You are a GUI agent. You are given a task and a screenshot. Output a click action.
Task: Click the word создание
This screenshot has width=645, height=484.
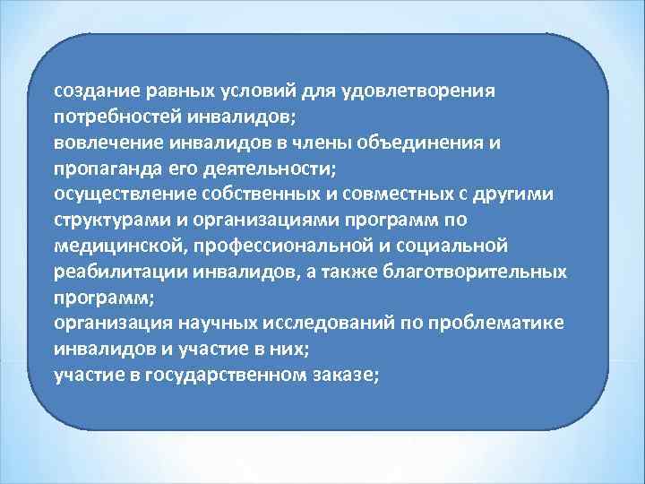(x=90, y=91)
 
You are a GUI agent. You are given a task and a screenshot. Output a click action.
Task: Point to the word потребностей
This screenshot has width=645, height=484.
(x=110, y=117)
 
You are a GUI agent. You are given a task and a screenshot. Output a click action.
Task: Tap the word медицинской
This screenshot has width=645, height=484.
(x=110, y=246)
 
